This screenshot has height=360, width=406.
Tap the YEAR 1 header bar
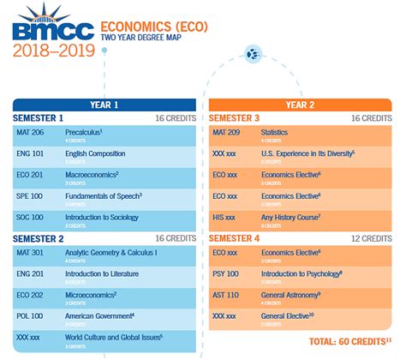tap(104, 105)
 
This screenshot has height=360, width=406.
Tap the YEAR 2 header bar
tap(300, 105)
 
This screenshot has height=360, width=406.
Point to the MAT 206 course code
tap(30, 133)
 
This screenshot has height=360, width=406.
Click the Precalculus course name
tap(84, 133)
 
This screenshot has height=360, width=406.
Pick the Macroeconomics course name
tap(91, 175)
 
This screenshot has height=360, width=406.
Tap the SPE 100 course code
tap(30, 196)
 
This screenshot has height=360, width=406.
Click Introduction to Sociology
tap(103, 217)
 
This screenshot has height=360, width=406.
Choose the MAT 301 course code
tap(30, 253)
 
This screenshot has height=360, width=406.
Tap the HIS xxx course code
tap(224, 217)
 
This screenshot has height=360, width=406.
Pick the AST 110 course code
tap(225, 295)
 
